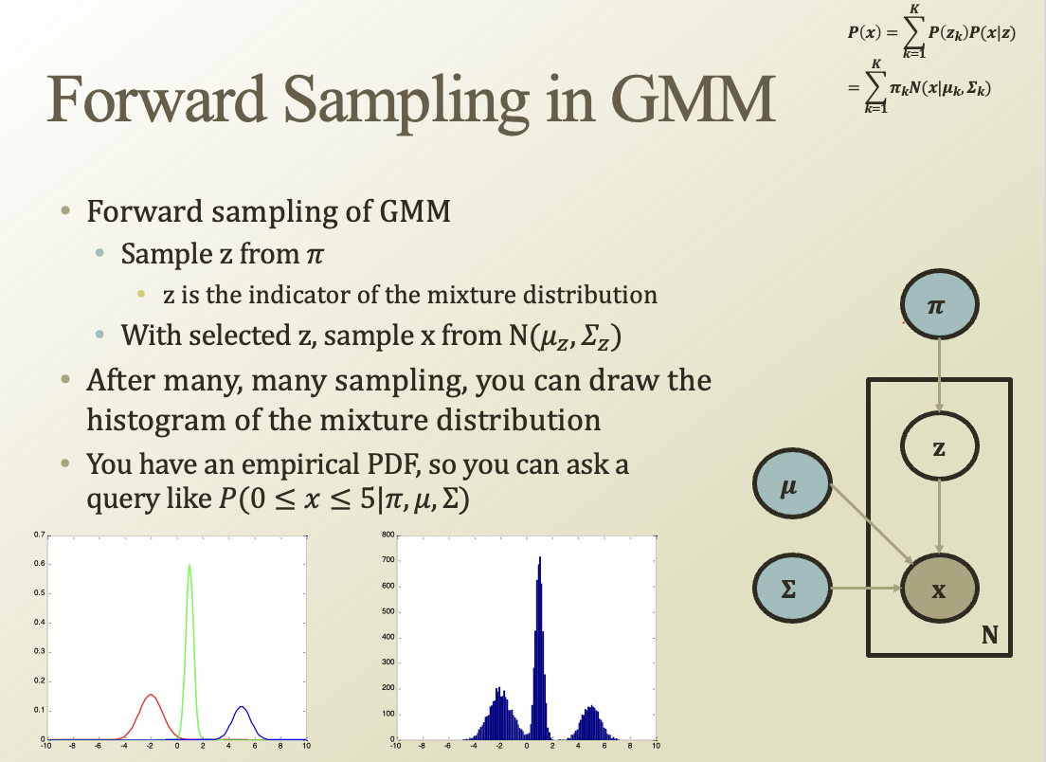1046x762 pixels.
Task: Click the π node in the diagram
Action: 939,305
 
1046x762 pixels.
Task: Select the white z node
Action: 939,446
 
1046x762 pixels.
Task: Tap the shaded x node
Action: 939,590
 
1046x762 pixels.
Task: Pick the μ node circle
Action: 792,483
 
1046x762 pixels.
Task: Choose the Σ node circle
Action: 792,588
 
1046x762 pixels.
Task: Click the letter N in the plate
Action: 990,635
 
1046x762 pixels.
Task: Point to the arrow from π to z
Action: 939,375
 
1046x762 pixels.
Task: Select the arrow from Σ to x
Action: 866,588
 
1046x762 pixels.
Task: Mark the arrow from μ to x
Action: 873,524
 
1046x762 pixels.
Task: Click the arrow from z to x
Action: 939,517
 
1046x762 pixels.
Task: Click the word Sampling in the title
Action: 406,101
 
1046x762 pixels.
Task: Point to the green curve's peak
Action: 189,565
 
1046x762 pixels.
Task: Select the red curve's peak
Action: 151,696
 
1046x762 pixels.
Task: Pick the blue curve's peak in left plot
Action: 242,707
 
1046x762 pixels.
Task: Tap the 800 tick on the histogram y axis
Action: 388,535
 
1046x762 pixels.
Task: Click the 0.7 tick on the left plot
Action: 40,535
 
